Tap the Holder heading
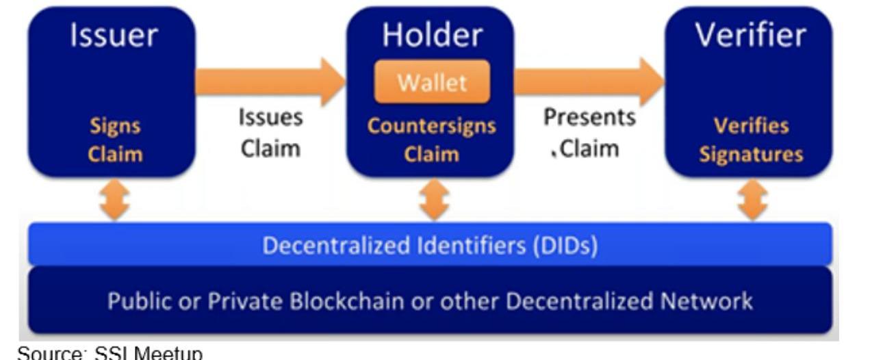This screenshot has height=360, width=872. coord(431,34)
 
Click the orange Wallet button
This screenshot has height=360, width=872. coord(431,82)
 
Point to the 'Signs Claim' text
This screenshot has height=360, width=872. coord(114,140)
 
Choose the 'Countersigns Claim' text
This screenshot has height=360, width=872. coord(431,140)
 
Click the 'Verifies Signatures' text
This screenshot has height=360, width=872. coord(751,140)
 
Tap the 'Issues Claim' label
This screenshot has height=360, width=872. coord(270,133)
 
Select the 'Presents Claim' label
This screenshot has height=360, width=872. coord(589,133)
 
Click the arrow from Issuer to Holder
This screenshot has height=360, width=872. coord(270,81)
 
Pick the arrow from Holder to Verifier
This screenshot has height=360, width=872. coord(589,81)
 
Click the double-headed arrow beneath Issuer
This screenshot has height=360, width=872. coord(114,201)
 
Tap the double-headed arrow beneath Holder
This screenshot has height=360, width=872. coord(432,201)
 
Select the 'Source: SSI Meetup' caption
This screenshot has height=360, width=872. coord(110,353)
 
